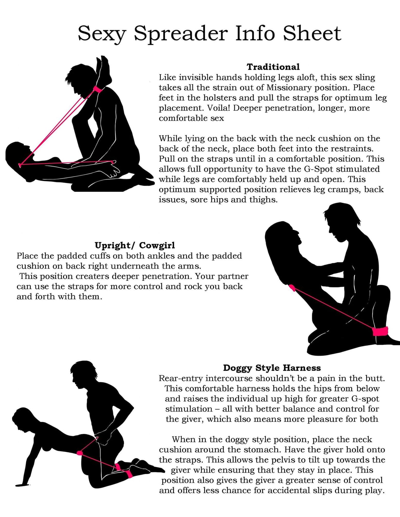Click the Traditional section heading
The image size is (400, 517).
point(273,67)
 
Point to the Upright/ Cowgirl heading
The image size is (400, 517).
point(135,246)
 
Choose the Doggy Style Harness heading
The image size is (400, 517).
point(272,368)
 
